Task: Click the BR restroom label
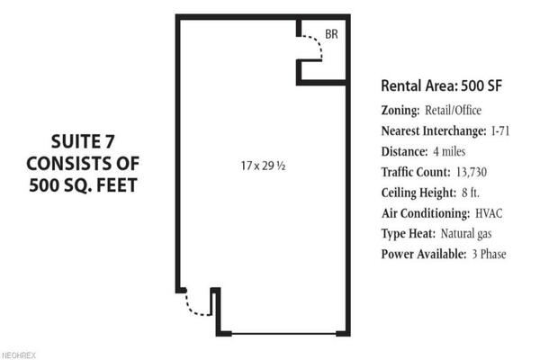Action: tap(331, 34)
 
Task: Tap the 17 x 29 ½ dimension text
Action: tap(263, 166)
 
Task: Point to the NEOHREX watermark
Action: tap(18, 355)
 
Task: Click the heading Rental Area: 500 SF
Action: tap(442, 85)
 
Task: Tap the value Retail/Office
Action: tap(453, 110)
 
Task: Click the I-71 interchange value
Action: tap(500, 130)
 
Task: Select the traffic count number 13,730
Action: tap(472, 172)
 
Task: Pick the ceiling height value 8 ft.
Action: tap(471, 193)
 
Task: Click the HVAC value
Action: tap(489, 213)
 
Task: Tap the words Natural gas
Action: tap(466, 234)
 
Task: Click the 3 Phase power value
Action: tap(489, 254)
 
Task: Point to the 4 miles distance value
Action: tap(449, 151)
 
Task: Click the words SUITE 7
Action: tap(83, 141)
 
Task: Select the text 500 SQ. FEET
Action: tap(83, 185)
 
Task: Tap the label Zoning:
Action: tap(400, 111)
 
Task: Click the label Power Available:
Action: tap(424, 254)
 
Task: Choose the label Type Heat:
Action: tap(408, 234)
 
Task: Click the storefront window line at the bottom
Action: tap(284, 334)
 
